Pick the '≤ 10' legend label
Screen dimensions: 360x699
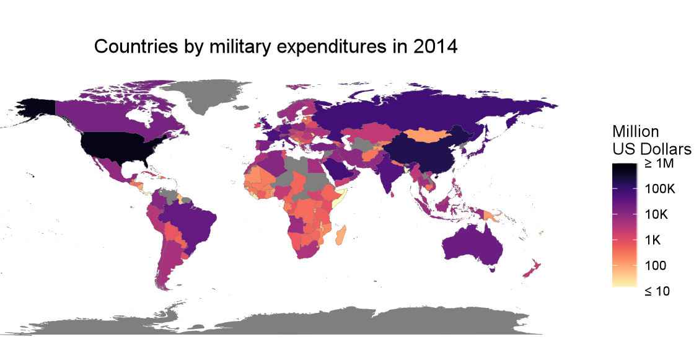[656, 291]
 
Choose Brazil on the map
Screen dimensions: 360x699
[192, 220]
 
